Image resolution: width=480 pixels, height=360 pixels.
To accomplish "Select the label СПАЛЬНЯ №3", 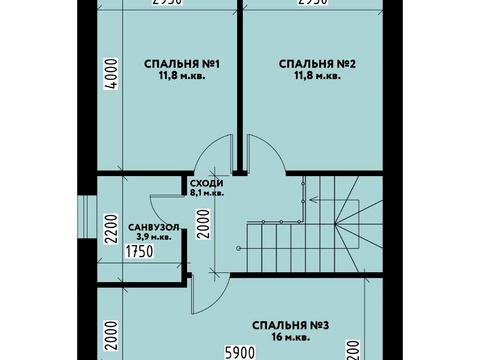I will [x=291, y=323].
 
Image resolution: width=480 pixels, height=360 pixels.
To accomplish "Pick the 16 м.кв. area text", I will [x=291, y=336].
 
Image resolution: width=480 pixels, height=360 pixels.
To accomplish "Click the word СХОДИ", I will [x=206, y=183].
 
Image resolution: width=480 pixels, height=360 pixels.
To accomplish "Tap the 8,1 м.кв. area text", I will [x=206, y=193].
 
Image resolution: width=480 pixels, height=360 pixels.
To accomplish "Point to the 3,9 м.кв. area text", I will [x=153, y=238].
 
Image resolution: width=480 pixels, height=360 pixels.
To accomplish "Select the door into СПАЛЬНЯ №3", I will [x=205, y=291].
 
